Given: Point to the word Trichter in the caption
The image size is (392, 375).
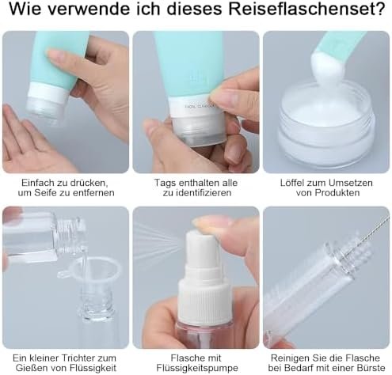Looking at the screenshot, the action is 78,358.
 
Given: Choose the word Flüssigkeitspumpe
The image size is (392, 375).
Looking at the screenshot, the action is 197,368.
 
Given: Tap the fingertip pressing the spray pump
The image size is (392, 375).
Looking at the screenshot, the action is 211,224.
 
